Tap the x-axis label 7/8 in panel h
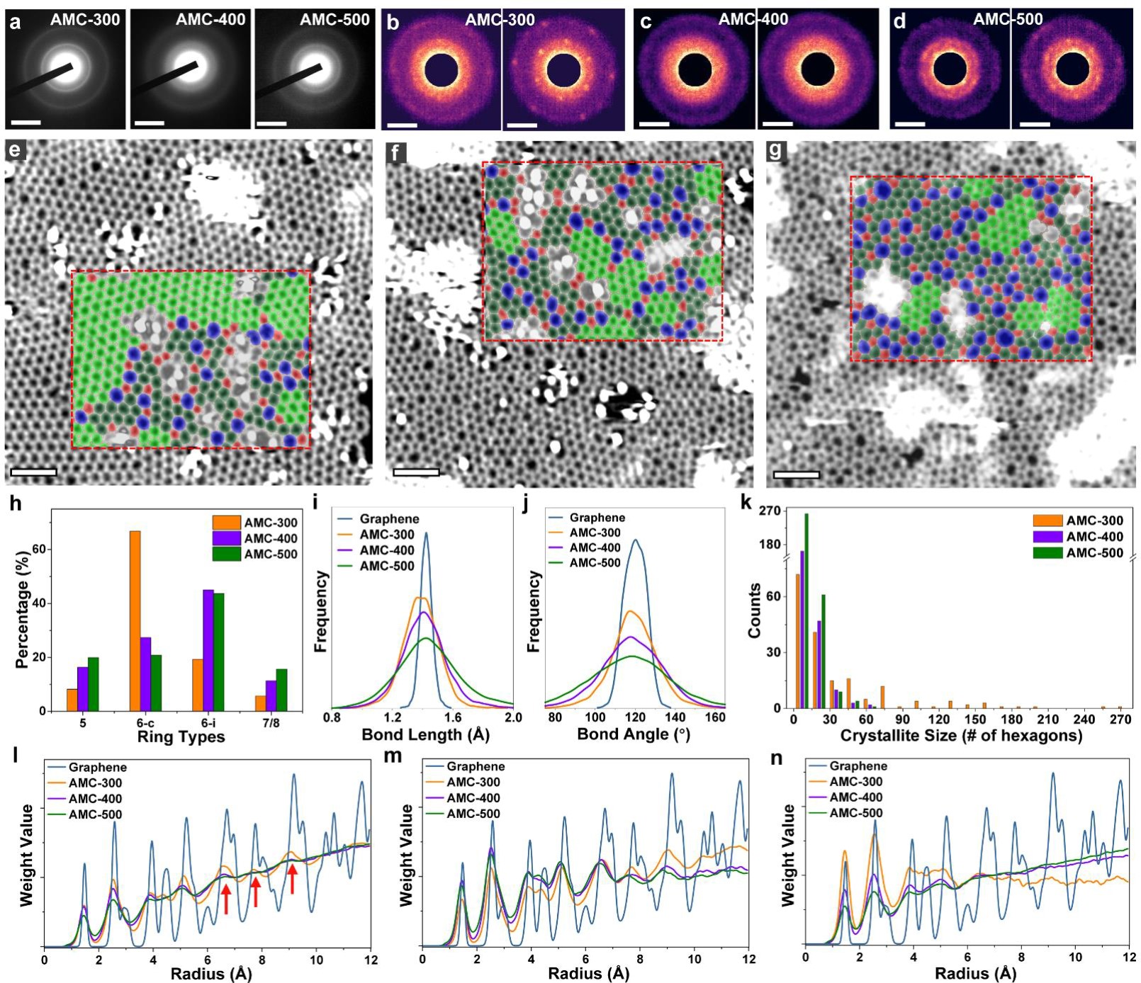[x=271, y=723]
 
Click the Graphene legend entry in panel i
[x=389, y=519]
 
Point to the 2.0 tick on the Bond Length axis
[x=513, y=717]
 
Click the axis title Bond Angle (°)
[x=634, y=734]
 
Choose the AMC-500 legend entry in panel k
[x=1094, y=552]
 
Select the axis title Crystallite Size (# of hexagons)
[x=961, y=736]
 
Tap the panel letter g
[x=776, y=151]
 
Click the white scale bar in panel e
[x=33, y=472]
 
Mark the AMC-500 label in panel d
[x=1008, y=19]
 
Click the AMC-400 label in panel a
[x=210, y=19]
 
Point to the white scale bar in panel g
[x=797, y=475]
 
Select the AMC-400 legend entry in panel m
[x=473, y=797]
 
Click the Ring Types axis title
[x=181, y=737]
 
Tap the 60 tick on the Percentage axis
[x=38, y=550]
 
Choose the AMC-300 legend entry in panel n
[x=856, y=781]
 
